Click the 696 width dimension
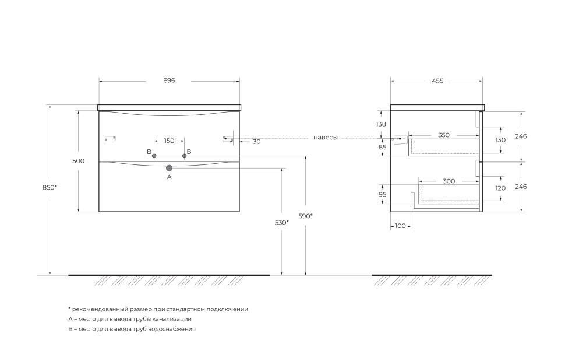169,80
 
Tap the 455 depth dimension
437,81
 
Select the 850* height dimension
50,187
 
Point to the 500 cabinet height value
78,161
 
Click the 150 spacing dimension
169,141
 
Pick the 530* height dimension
282,223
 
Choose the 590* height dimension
306,216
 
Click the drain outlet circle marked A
169,168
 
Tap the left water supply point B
154,156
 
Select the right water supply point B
185,156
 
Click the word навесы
326,138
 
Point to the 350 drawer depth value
444,135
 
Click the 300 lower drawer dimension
449,181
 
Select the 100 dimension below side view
400,226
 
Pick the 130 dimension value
500,140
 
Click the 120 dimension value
500,188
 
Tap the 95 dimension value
382,194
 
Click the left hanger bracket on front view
110,138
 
